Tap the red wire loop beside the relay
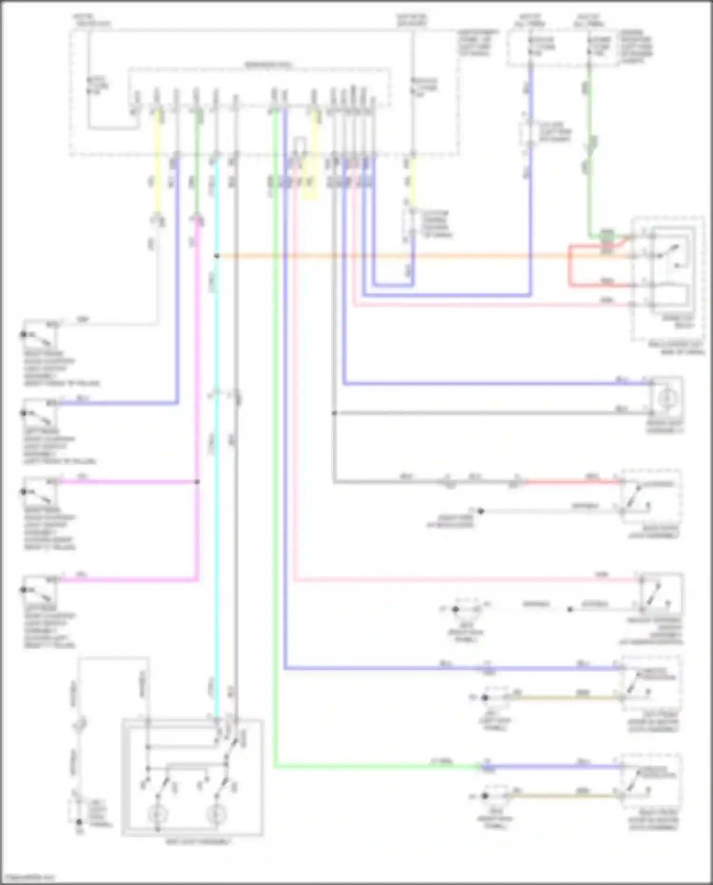pyautogui.click(x=570, y=266)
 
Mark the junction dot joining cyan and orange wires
pyautogui.click(x=217, y=256)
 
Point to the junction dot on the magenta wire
pyautogui.click(x=197, y=482)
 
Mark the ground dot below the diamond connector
pyautogui.click(x=79, y=822)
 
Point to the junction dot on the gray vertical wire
pyautogui.click(x=334, y=413)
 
